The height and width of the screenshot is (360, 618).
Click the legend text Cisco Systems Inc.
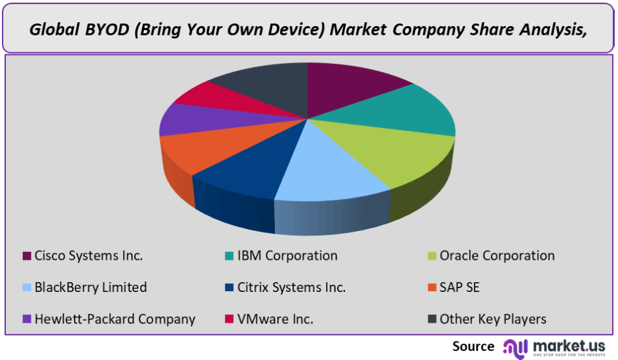88,256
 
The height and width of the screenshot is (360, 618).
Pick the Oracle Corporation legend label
497,256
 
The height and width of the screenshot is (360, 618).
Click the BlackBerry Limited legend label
90,287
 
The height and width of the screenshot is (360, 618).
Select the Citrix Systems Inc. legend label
291,287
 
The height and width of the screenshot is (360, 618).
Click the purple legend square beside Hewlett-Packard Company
26,319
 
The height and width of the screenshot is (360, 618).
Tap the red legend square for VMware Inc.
229,319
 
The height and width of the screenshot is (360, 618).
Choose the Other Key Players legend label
493,319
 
